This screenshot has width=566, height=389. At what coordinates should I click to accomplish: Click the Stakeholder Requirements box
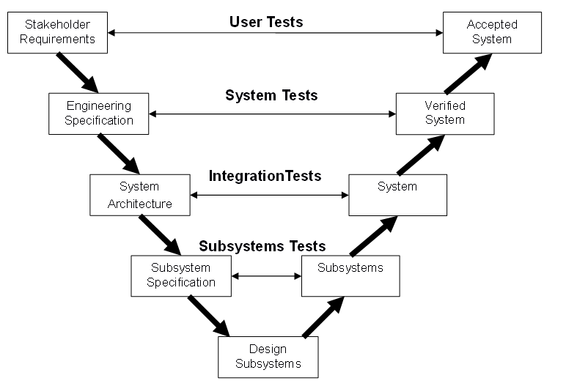pyautogui.click(x=57, y=32)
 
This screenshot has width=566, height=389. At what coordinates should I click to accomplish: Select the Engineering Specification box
pyautogui.click(x=99, y=114)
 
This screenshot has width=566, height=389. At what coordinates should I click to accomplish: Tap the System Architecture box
pyautogui.click(x=139, y=195)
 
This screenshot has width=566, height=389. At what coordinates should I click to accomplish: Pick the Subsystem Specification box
pyautogui.click(x=181, y=275)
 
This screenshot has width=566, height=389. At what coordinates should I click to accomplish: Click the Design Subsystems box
pyautogui.click(x=268, y=357)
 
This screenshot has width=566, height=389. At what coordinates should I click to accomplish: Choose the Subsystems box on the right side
pyautogui.click(x=350, y=275)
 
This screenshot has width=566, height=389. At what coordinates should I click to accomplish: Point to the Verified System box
pyautogui.click(x=445, y=114)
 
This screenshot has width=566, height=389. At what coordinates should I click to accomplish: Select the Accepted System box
pyautogui.click(x=492, y=32)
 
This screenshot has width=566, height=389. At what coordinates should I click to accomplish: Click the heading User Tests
pyautogui.click(x=266, y=22)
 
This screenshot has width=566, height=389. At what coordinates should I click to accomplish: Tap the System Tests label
pyautogui.click(x=271, y=96)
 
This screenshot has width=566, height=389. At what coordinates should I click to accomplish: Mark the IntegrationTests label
pyautogui.click(x=265, y=177)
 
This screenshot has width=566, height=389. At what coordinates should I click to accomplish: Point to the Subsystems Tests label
pyautogui.click(x=262, y=246)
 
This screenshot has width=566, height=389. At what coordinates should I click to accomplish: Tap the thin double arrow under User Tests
pyautogui.click(x=275, y=33)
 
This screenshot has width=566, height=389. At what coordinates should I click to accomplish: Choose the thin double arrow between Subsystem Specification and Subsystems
pyautogui.click(x=266, y=276)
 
